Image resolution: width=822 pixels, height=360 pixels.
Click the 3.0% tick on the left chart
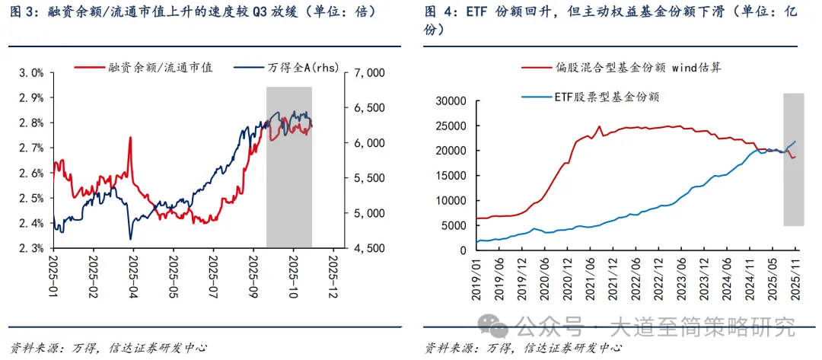(x=30, y=73)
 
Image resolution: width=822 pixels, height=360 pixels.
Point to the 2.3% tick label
(x=30, y=248)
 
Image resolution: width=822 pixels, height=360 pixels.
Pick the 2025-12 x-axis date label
(x=333, y=275)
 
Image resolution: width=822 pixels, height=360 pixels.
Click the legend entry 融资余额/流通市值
(x=144, y=68)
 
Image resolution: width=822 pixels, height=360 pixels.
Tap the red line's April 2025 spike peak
(x=130, y=138)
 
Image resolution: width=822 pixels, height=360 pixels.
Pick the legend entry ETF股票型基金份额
(x=591, y=97)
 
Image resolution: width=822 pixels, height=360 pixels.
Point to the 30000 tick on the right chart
(x=450, y=100)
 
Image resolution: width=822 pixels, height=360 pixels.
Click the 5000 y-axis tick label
(x=453, y=225)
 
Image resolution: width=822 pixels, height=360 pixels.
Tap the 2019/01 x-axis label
(x=478, y=277)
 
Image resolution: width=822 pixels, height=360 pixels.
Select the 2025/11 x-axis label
(x=795, y=277)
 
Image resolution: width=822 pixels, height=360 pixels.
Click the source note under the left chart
(x=104, y=348)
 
